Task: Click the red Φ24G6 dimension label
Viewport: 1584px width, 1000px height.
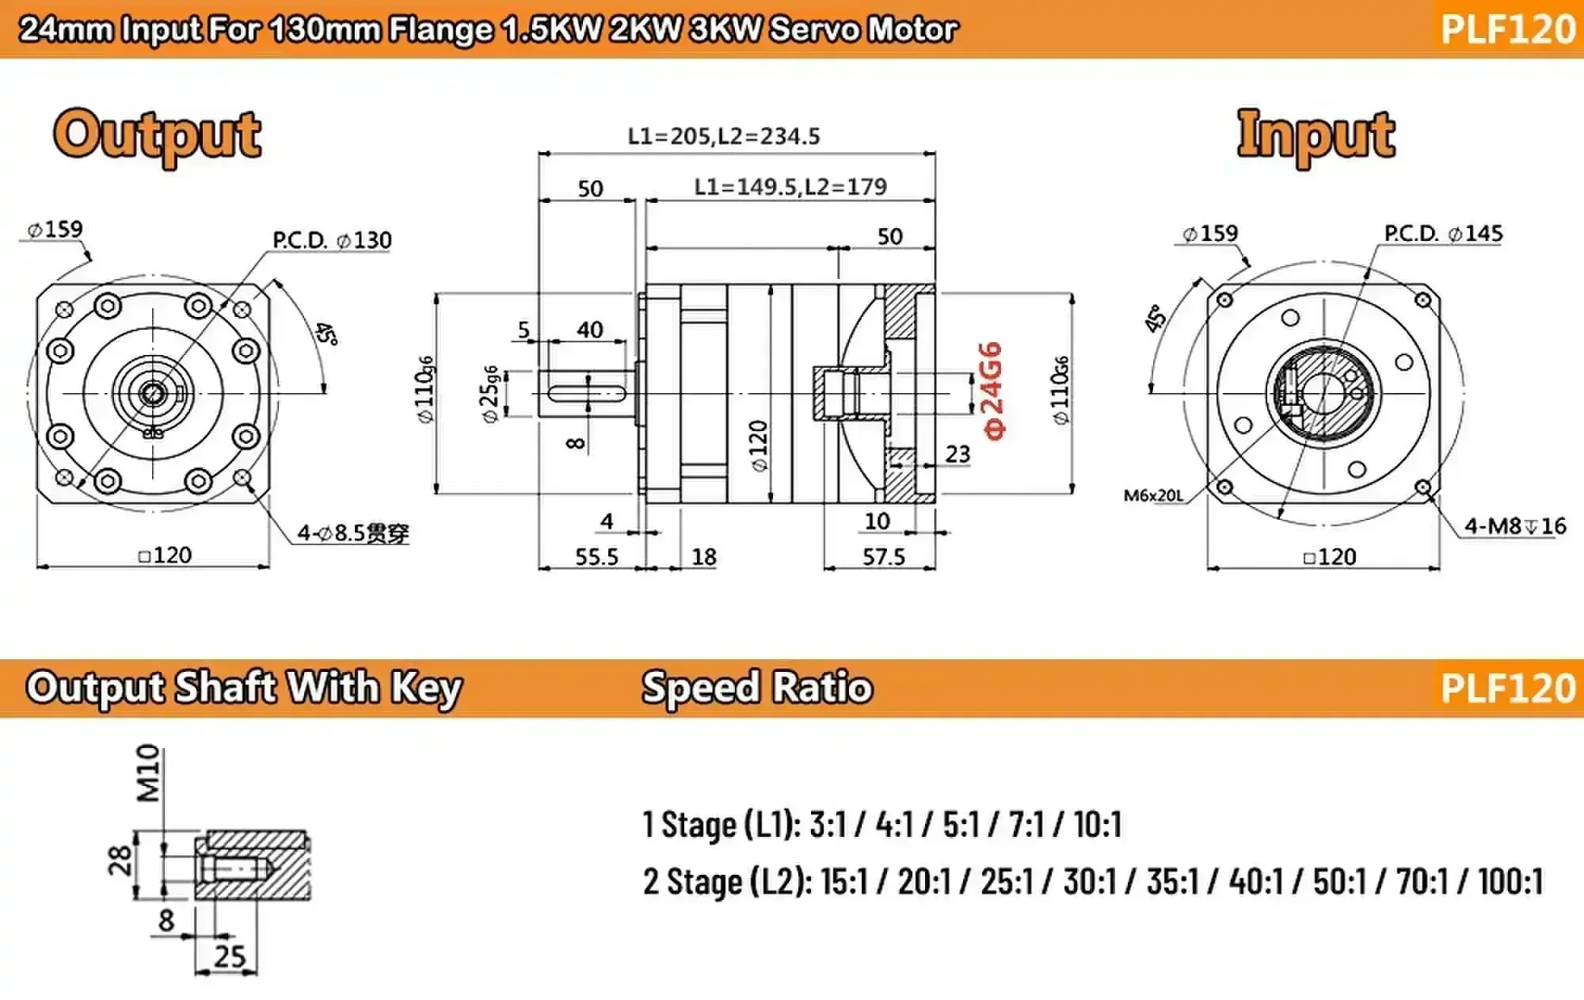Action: point(992,390)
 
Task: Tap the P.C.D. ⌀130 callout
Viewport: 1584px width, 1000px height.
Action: point(332,240)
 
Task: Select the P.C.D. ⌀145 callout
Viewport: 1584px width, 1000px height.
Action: point(1443,234)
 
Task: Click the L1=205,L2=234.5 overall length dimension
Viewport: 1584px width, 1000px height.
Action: point(723,136)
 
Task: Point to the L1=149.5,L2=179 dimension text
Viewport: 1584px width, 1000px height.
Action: point(790,187)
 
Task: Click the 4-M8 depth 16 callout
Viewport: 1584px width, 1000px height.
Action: point(1514,526)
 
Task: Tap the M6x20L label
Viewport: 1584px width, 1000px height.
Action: point(1153,496)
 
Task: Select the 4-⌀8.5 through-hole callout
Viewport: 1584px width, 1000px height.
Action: point(353,533)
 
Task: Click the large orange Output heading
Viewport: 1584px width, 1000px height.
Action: point(157,135)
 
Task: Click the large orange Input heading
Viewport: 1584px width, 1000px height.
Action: point(1316,135)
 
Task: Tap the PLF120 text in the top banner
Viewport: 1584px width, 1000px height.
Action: point(1507,29)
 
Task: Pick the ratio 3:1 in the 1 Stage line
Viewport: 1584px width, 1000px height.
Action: point(828,825)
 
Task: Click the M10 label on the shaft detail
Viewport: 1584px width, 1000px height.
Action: point(149,773)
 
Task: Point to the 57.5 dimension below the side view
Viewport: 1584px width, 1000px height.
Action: point(883,557)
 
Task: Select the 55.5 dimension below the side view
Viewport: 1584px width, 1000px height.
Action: point(596,557)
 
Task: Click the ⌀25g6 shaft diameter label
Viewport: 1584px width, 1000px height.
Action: point(490,394)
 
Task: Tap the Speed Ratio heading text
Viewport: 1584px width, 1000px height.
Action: point(756,687)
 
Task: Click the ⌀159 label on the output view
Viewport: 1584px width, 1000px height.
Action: point(55,230)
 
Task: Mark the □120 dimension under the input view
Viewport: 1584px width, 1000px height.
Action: point(1330,557)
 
